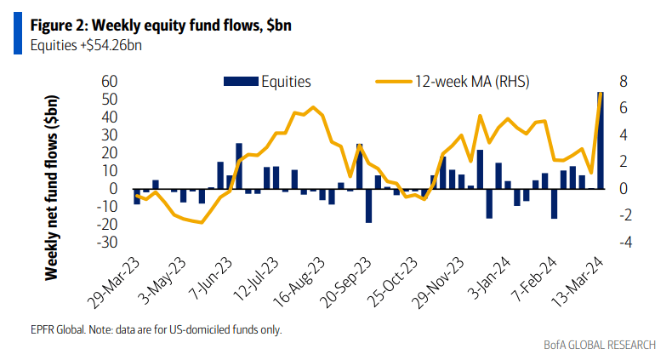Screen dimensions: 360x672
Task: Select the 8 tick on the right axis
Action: coord(624,82)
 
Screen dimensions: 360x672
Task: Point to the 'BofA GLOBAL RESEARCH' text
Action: coord(600,345)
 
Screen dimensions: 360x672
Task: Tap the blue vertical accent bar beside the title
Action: coord(17,34)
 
